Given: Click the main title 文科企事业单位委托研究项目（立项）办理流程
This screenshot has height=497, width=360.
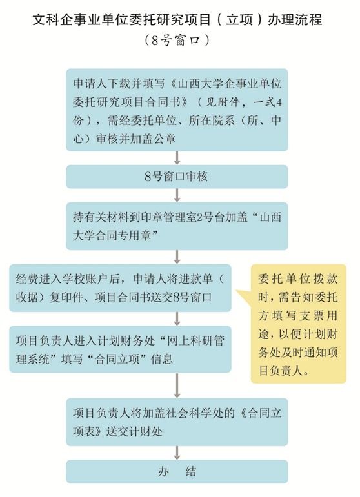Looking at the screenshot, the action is click(x=177, y=19).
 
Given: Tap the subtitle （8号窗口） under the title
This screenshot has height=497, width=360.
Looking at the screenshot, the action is click(x=177, y=41).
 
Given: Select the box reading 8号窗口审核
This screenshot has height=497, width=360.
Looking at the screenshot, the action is click(x=177, y=177).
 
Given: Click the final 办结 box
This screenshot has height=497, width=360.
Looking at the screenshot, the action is click(x=177, y=472).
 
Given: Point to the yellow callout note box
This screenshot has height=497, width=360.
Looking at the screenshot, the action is click(x=298, y=324).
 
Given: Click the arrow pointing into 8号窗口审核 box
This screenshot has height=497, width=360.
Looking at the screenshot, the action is click(x=177, y=158).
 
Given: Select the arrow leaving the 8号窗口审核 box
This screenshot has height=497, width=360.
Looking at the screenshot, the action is click(x=177, y=195).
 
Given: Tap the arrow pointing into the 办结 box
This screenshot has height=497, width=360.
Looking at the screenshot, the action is click(x=177, y=453).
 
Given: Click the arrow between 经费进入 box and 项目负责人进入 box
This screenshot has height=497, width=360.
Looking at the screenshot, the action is click(x=177, y=319).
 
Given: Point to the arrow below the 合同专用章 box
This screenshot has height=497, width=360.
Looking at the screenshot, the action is click(x=177, y=257).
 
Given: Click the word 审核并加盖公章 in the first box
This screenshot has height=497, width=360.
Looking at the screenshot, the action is click(x=135, y=139).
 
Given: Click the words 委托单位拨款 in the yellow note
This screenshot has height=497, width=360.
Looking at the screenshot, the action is click(x=298, y=279).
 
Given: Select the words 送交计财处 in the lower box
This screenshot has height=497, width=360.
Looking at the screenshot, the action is click(x=134, y=432).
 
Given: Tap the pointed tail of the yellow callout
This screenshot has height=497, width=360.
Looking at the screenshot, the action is click(x=236, y=290).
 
